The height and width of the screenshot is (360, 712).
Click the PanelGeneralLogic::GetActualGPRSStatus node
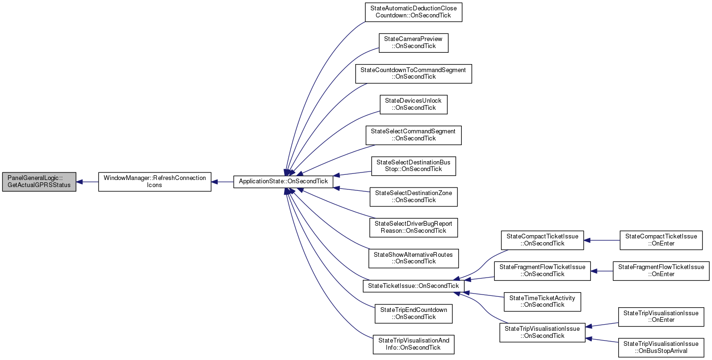(x=39, y=181)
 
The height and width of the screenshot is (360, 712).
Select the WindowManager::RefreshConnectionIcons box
(x=155, y=181)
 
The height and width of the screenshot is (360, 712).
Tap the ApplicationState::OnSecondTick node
(x=284, y=181)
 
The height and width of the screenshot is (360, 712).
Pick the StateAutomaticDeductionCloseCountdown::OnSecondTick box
(x=413, y=12)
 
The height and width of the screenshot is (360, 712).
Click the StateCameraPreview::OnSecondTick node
(x=413, y=43)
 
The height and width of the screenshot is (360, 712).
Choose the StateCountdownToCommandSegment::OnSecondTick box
(x=413, y=74)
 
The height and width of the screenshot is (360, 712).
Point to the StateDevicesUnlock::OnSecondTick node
(x=413, y=104)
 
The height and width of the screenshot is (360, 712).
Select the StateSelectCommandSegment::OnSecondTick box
(x=413, y=135)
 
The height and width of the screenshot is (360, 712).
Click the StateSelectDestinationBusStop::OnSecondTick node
(x=413, y=166)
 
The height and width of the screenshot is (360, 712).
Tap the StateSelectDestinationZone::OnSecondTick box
(x=413, y=196)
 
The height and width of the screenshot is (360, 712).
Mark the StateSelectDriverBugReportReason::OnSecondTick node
(x=413, y=227)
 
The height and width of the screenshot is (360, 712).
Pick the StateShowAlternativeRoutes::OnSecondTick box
(x=413, y=258)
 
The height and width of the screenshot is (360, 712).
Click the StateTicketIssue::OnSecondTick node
(x=413, y=286)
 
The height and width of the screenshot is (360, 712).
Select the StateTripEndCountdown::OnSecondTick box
(x=413, y=313)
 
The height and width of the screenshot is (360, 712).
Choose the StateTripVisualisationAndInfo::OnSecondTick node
(x=413, y=344)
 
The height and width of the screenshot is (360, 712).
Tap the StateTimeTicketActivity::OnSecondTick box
(x=542, y=301)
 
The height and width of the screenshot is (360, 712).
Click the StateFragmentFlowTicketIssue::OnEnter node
(x=661, y=270)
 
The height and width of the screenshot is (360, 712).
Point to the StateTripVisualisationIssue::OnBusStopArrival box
(x=661, y=347)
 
